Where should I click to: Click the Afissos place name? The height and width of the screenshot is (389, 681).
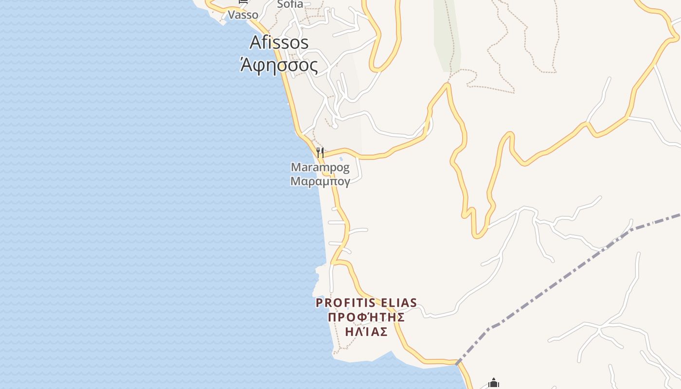pos(279,43)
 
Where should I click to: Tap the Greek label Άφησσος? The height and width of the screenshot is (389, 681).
pos(279,65)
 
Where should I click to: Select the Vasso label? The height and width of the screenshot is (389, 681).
pos(243,15)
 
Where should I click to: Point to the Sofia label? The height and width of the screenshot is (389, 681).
pos(290,4)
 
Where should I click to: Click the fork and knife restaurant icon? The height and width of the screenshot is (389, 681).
pos(320,153)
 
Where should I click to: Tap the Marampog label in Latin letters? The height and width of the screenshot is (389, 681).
pos(320,168)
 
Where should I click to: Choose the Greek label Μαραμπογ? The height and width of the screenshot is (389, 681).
pos(320,182)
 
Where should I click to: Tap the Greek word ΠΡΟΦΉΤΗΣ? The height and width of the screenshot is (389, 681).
pos(366,318)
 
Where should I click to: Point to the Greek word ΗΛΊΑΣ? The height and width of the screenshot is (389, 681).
pos(366,332)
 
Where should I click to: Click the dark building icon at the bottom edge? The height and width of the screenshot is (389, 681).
pos(494,384)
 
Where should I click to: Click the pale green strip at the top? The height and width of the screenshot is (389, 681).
pos(447,34)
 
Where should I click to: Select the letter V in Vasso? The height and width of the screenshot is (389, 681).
pos(232,15)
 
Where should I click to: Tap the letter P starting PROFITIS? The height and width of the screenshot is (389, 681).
pos(319,303)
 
